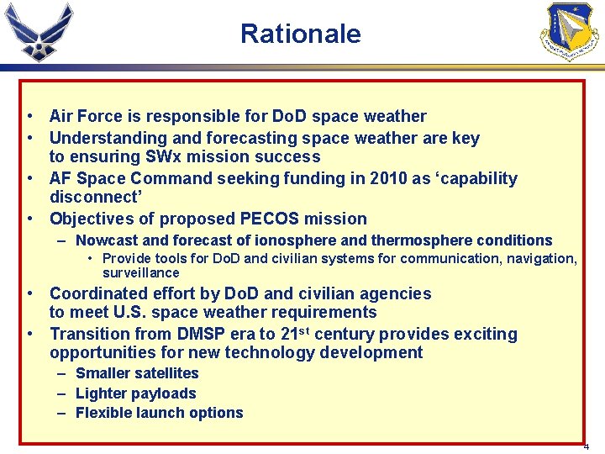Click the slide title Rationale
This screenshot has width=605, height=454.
tap(300, 34)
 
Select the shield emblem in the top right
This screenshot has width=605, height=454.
tap(571, 31)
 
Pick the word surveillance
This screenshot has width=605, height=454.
tap(141, 272)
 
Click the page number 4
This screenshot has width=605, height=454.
tap(587, 446)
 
